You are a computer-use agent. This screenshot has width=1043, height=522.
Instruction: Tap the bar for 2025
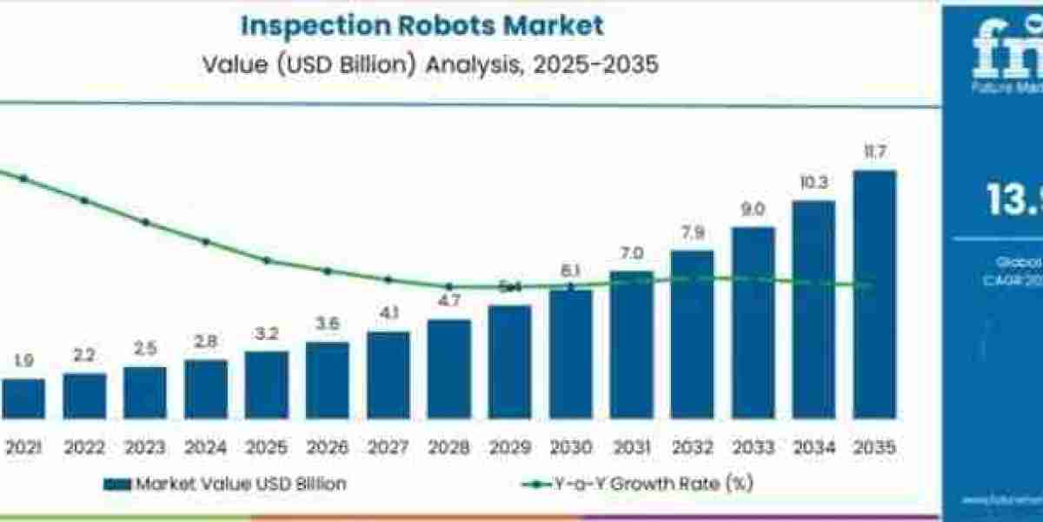[x=266, y=385]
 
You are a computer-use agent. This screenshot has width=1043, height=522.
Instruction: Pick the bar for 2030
[x=570, y=354]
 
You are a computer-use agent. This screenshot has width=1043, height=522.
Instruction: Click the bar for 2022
[x=84, y=396]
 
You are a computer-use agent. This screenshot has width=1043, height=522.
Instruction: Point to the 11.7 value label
[x=874, y=153]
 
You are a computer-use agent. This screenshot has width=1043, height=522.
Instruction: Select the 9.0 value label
[x=753, y=210]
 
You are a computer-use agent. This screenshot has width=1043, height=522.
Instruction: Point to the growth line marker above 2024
[x=206, y=242]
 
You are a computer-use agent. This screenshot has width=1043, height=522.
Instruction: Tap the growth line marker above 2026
[x=328, y=271]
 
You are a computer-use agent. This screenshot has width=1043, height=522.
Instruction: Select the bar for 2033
[x=753, y=323]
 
